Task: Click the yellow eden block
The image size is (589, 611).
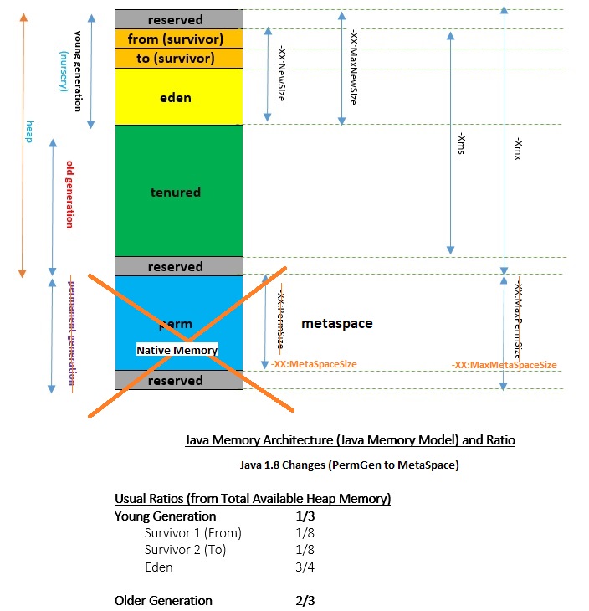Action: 179,96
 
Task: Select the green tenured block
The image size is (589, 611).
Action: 179,191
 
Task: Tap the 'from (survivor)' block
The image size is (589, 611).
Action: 179,39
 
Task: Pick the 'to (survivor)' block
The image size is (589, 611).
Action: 179,59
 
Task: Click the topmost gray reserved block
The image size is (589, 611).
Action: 179,19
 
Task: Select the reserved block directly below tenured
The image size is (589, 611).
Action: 179,266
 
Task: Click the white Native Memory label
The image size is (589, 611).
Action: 177,350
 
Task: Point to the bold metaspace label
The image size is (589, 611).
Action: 337,323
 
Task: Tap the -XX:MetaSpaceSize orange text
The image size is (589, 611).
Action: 314,364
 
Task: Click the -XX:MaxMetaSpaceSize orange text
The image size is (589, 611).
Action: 504,365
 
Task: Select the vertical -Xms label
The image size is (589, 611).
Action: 461,143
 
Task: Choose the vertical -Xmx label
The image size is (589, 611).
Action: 518,148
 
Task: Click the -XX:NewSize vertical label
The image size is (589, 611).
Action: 281,74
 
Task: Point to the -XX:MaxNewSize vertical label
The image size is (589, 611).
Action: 353,67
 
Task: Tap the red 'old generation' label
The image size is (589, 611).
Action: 69,194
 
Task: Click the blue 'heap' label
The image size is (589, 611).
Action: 29,131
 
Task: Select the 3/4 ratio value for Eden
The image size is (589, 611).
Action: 305,567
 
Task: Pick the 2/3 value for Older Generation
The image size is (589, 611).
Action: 305,600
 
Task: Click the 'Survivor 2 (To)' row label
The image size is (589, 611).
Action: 186,550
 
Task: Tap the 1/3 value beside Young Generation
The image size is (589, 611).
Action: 305,516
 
